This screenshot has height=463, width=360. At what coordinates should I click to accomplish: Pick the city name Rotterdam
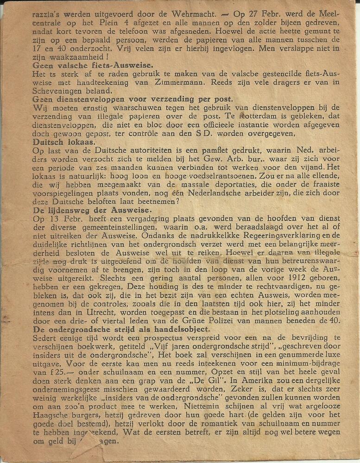pos(241,116)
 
